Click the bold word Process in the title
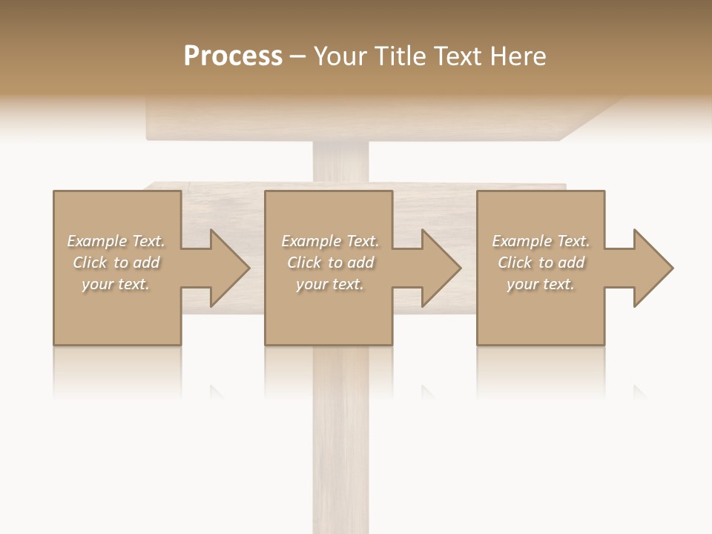click(x=233, y=56)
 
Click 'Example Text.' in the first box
click(x=116, y=241)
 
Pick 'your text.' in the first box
click(x=116, y=284)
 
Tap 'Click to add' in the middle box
click(x=330, y=263)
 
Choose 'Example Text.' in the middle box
click(x=330, y=241)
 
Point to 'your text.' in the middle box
click(x=330, y=284)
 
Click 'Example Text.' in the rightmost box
click(x=541, y=241)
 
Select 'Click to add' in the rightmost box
click(x=541, y=263)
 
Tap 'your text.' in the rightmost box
click(x=541, y=284)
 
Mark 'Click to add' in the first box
click(x=116, y=263)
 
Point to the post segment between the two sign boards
click(x=340, y=162)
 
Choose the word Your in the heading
click(x=338, y=56)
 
